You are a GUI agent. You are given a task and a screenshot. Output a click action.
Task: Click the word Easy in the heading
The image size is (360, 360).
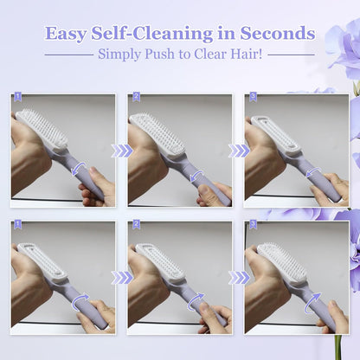pyautogui.click(x=67, y=34)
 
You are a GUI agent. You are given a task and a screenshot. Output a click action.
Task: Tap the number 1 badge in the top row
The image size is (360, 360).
pyautogui.click(x=17, y=98)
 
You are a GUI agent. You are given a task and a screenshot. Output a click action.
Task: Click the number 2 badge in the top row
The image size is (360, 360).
pyautogui.click(x=135, y=98)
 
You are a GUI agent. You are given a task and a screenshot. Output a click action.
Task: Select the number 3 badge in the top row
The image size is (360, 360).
pyautogui.click(x=252, y=98)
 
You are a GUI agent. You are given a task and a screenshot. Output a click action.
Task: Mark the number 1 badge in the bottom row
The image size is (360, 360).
pyautogui.click(x=17, y=225)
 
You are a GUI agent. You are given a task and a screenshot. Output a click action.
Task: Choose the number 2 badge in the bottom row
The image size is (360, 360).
pyautogui.click(x=135, y=225)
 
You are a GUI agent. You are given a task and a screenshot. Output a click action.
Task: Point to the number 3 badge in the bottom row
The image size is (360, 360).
pyautogui.click(x=252, y=225)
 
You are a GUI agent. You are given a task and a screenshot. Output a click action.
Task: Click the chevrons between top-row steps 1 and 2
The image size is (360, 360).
pyautogui.click(x=121, y=151)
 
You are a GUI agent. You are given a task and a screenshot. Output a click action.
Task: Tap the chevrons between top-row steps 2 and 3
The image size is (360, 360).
pyautogui.click(x=238, y=151)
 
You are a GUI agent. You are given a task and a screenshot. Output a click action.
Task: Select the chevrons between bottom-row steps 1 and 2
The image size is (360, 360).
pyautogui.click(x=121, y=278)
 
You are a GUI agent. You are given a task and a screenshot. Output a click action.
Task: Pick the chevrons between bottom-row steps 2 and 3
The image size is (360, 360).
pyautogui.click(x=238, y=278)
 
